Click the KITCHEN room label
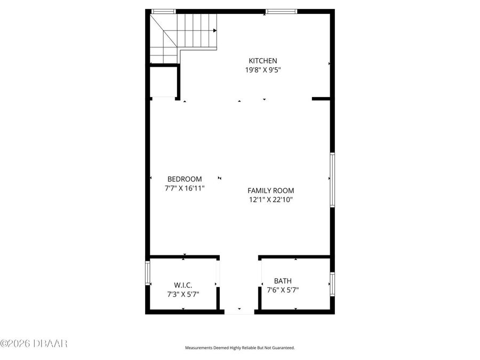pyautogui.click(x=263, y=61)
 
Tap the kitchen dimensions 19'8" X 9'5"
pyautogui.click(x=263, y=69)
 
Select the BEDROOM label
pyautogui.click(x=185, y=179)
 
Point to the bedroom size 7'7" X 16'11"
pyautogui.click(x=185, y=188)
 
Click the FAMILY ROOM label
pyautogui.click(x=270, y=190)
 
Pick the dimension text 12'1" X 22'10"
pyautogui.click(x=270, y=199)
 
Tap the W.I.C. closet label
pyautogui.click(x=183, y=285)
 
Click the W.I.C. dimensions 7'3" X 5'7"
pyautogui.click(x=183, y=293)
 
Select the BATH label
pyautogui.click(x=283, y=281)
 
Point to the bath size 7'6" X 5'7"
pyautogui.click(x=283, y=290)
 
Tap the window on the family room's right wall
pyautogui.click(x=332, y=180)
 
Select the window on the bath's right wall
pyautogui.click(x=332, y=284)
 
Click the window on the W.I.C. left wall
pyautogui.click(x=148, y=273)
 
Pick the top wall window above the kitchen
pyautogui.click(x=281, y=11)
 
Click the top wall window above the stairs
pyautogui.click(x=163, y=11)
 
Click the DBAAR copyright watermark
pyautogui.click(x=34, y=343)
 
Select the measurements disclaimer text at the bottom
pyautogui.click(x=239, y=348)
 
